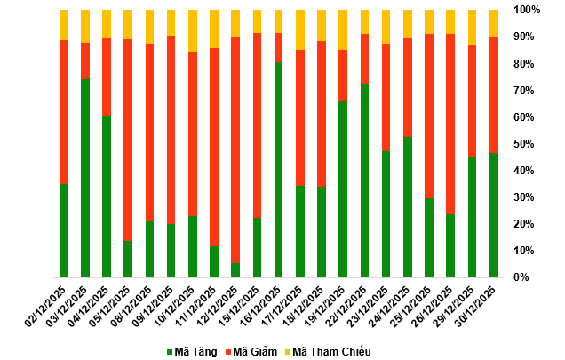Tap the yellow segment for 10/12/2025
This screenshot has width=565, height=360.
193,30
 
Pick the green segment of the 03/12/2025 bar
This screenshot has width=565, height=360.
85,178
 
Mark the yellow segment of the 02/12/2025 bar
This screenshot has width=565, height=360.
64,25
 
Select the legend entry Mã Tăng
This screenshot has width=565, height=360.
192,351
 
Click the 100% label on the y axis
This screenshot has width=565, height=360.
527,10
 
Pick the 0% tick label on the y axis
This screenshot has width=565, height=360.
521,277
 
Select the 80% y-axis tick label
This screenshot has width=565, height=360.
523,64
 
